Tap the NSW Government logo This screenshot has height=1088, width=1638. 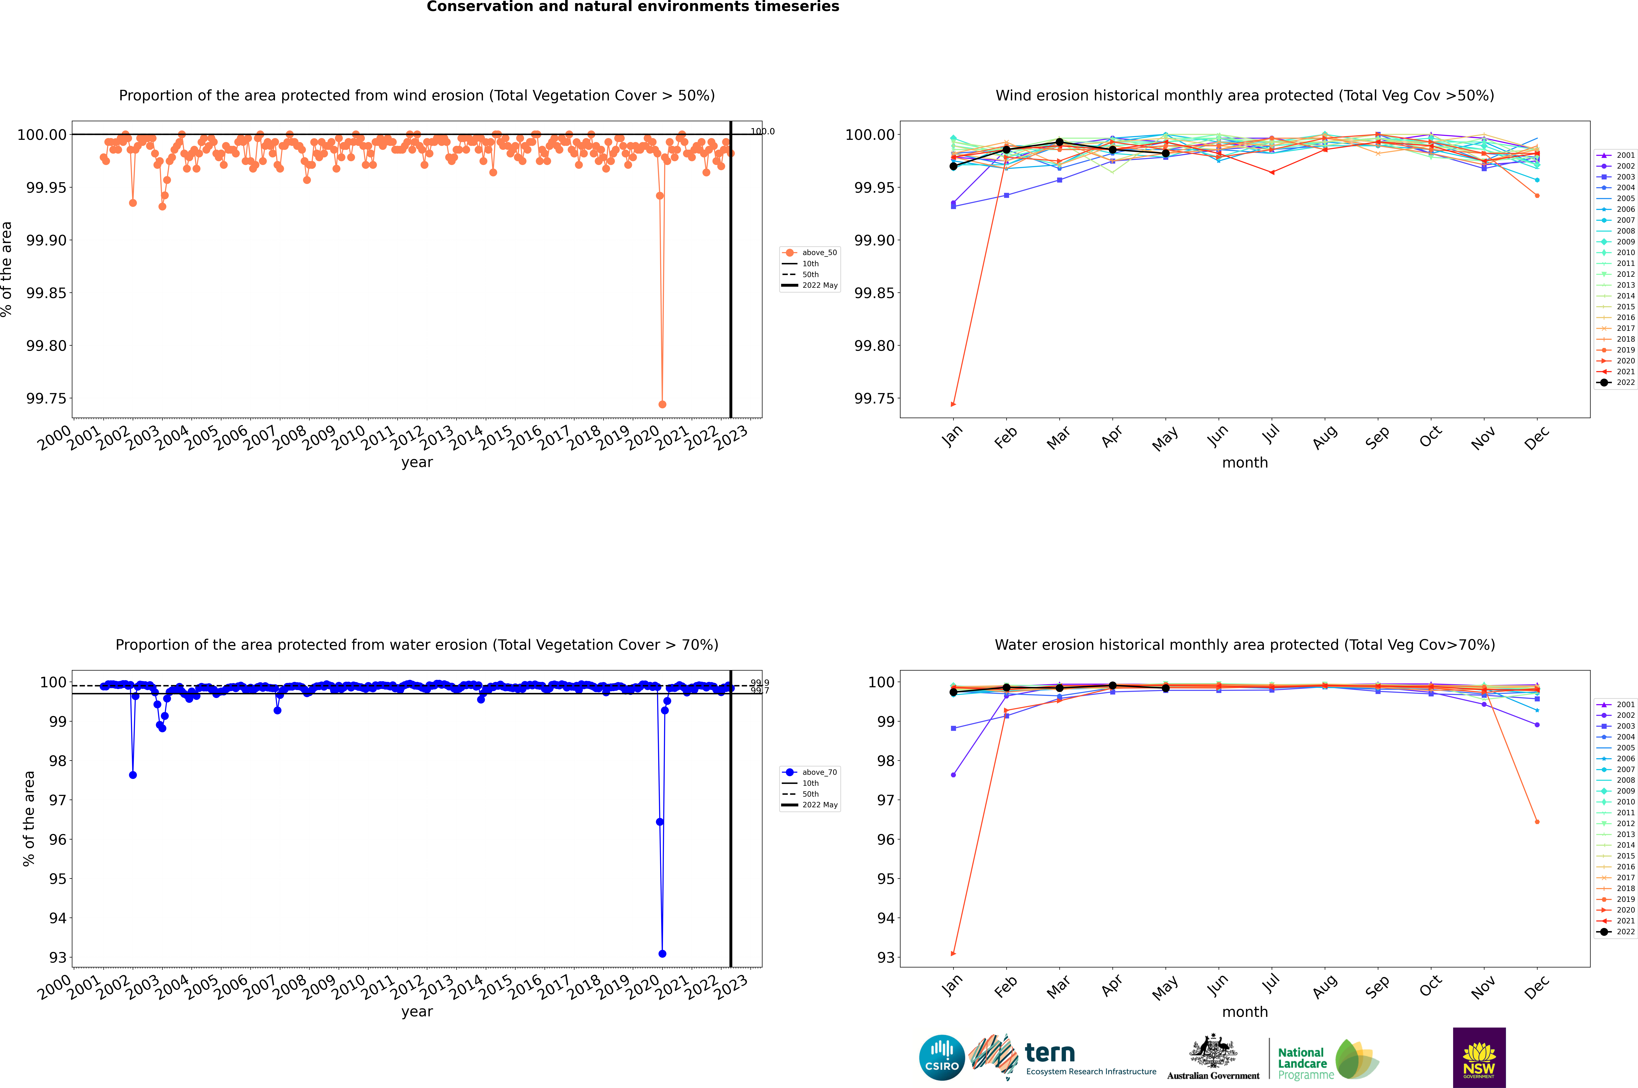coord(1479,1058)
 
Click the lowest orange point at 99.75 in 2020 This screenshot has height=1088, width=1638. coord(662,405)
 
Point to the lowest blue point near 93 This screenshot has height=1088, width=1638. coord(662,954)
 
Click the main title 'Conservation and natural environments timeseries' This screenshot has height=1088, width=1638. coord(633,7)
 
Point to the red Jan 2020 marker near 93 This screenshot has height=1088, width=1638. coord(953,954)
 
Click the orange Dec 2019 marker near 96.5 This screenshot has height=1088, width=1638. coord(1537,822)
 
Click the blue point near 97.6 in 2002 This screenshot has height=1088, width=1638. coord(133,775)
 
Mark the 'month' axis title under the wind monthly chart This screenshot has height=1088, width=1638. coord(1244,463)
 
